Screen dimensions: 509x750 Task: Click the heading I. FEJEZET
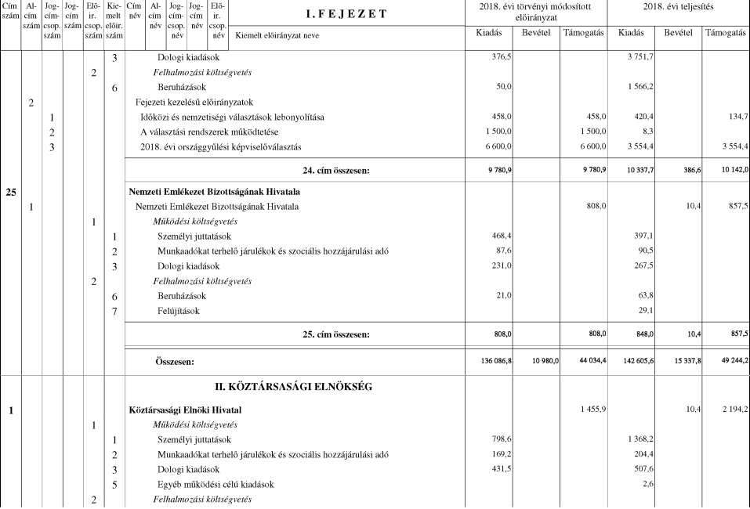pyautogui.click(x=350, y=13)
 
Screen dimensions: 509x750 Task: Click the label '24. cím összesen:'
pyautogui.click(x=337, y=169)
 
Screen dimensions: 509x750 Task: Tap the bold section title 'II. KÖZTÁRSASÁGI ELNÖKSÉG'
pyautogui.click(x=299, y=387)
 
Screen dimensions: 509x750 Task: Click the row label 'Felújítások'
pyautogui.click(x=178, y=311)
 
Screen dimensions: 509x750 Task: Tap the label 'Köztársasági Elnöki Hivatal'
pyautogui.click(x=186, y=410)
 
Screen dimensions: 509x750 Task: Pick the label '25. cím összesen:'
pyautogui.click(x=337, y=334)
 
